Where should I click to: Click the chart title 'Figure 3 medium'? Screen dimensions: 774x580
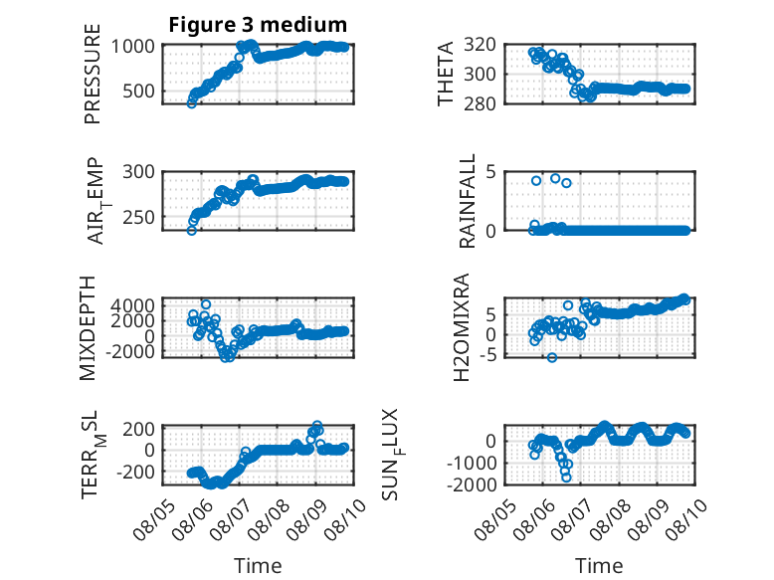click(x=258, y=25)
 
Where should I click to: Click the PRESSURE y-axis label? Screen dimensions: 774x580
click(x=93, y=74)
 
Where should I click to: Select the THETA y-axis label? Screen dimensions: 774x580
click(x=446, y=74)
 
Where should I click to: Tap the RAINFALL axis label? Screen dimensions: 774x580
click(x=467, y=201)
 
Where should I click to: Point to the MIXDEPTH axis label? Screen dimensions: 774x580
click(x=88, y=328)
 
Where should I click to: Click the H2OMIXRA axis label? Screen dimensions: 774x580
click(x=462, y=327)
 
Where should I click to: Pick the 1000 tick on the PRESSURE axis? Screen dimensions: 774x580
click(x=132, y=47)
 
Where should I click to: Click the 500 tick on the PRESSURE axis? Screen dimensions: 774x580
click(x=138, y=91)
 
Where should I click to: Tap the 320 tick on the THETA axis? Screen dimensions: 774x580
click(x=480, y=45)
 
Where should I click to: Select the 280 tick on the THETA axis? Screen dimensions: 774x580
click(x=480, y=103)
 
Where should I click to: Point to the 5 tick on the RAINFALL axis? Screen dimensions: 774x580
click(x=490, y=172)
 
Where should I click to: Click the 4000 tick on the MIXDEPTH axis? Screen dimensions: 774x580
click(x=132, y=305)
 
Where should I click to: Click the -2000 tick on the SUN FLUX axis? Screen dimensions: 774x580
click(x=472, y=484)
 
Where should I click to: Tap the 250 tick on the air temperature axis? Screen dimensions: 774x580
click(x=138, y=217)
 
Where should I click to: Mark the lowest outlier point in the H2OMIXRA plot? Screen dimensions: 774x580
click(x=552, y=357)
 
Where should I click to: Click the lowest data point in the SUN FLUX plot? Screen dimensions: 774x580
click(x=566, y=478)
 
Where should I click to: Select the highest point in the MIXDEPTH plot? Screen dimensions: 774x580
click(x=206, y=304)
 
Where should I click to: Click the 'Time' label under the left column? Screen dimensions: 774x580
click(x=258, y=565)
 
